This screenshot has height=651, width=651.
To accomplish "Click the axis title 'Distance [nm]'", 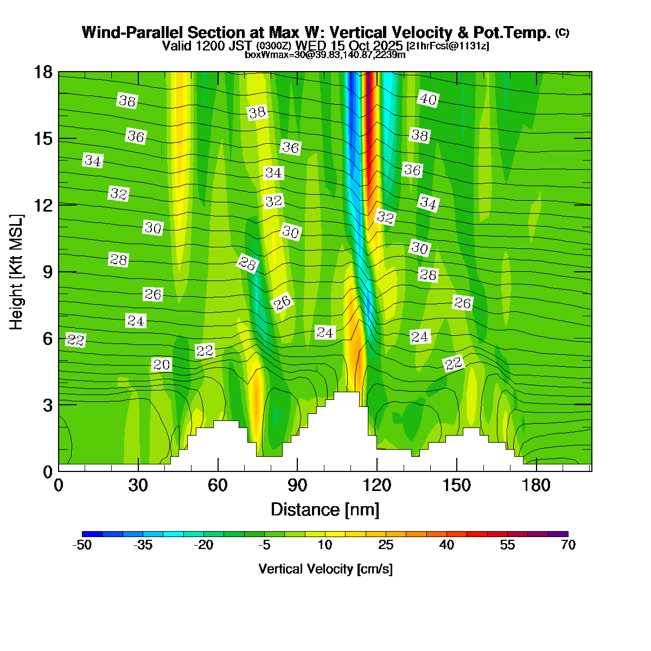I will tap(325, 509).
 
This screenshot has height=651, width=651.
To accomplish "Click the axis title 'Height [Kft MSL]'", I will tap(17, 272).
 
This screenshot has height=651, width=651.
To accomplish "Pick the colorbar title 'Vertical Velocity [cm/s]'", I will tap(325, 569).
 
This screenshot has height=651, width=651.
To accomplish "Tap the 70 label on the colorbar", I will tap(568, 545).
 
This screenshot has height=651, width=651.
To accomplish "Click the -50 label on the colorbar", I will tap(82, 545).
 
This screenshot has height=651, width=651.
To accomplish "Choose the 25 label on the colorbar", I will tap(386, 545).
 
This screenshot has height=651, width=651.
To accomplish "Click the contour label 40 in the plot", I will tap(428, 99).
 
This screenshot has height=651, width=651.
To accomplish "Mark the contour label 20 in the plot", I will tap(162, 365).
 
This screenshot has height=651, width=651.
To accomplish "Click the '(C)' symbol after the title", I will tap(562, 33).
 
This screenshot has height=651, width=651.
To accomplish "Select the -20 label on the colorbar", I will tap(203, 545).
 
